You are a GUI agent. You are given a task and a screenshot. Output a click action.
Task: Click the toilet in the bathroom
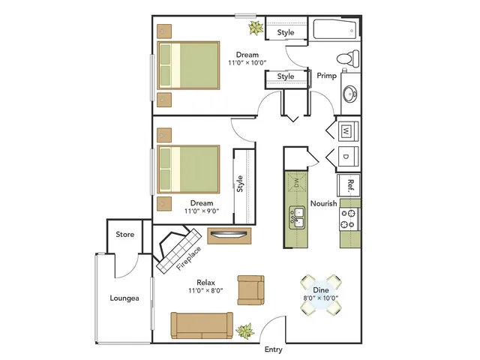[x=348, y=58]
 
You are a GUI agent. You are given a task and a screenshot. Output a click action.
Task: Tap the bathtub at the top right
[x=335, y=29]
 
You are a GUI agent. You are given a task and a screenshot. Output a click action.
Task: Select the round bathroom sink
[x=349, y=93]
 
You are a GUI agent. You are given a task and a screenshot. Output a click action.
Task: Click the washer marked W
[x=348, y=131]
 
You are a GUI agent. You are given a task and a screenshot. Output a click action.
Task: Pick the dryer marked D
[x=348, y=156]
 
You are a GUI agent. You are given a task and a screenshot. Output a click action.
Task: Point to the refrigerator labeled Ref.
[x=349, y=185]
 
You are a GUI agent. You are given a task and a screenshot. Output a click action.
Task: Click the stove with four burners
[x=350, y=219]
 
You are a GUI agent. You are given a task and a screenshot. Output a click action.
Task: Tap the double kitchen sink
[x=297, y=217]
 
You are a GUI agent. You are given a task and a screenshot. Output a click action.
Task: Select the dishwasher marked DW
[x=296, y=183]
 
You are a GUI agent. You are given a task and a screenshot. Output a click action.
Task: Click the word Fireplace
[x=188, y=259]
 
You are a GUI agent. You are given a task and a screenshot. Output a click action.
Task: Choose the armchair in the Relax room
[x=250, y=290]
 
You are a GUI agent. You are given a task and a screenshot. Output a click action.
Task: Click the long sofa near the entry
[x=202, y=325]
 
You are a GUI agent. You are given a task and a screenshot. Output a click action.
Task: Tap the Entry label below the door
[x=273, y=349]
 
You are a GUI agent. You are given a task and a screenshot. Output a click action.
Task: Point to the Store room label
[x=125, y=235]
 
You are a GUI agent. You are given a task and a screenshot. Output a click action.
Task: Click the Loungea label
[x=124, y=298]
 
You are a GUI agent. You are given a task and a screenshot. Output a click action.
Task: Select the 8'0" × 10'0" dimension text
[x=320, y=298]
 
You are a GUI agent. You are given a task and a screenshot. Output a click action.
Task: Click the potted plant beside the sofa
[x=245, y=331]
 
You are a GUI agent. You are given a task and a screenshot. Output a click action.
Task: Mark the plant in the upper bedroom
[x=256, y=28]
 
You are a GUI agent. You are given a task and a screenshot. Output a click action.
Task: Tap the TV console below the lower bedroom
[x=229, y=235]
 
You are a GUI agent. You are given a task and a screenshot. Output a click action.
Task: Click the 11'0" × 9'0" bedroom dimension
[x=202, y=211]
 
